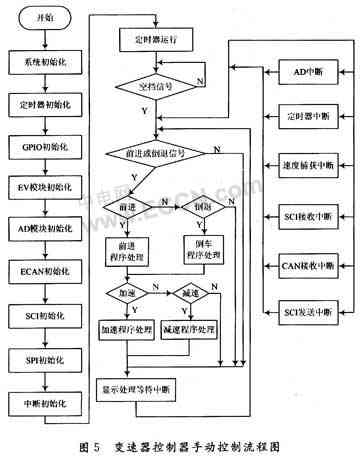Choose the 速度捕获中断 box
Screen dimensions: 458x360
(301, 164)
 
